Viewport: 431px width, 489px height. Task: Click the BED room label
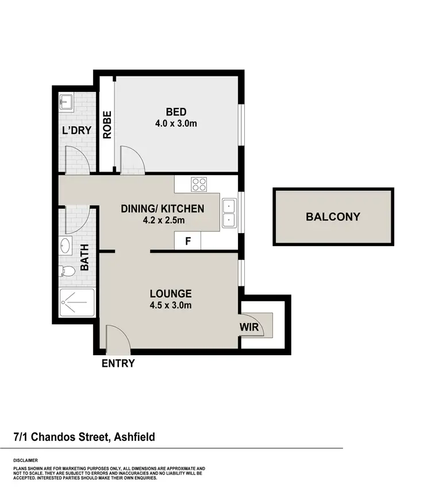coord(176,111)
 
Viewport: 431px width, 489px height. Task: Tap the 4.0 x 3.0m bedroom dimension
coord(176,123)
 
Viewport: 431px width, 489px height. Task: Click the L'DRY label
coord(76,130)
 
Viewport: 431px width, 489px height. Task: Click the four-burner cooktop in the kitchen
coord(199,185)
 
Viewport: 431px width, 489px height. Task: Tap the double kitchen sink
coord(229,212)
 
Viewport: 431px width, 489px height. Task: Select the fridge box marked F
coord(187,241)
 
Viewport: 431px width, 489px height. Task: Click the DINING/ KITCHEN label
coord(162,208)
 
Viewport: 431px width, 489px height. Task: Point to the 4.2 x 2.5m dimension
coord(162,220)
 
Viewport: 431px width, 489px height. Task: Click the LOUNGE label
coord(168,293)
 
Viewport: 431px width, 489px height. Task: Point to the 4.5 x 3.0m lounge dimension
coord(168,305)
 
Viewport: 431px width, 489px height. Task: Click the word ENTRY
coord(118,363)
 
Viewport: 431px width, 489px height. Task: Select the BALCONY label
coord(333,217)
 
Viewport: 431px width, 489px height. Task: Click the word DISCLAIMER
coord(27,460)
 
